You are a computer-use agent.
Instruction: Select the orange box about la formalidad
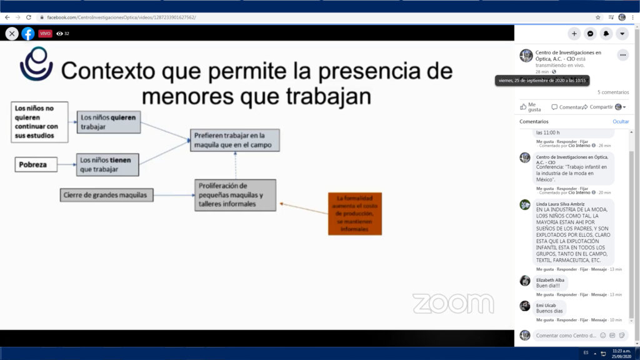[354, 214]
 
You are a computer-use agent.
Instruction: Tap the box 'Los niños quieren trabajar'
[109, 122]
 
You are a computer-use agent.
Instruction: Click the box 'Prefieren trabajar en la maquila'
[234, 141]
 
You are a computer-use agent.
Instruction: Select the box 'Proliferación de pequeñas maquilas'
[234, 195]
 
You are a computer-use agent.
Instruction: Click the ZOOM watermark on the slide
[452, 303]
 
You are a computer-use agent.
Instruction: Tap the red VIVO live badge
[46, 34]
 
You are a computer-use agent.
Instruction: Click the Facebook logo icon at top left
[28, 34]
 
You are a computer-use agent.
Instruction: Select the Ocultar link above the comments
[620, 122]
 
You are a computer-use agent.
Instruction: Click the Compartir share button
[601, 107]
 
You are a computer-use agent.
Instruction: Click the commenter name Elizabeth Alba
[550, 280]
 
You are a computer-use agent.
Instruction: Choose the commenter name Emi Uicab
[546, 305]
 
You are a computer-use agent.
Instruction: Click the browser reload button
[28, 17]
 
